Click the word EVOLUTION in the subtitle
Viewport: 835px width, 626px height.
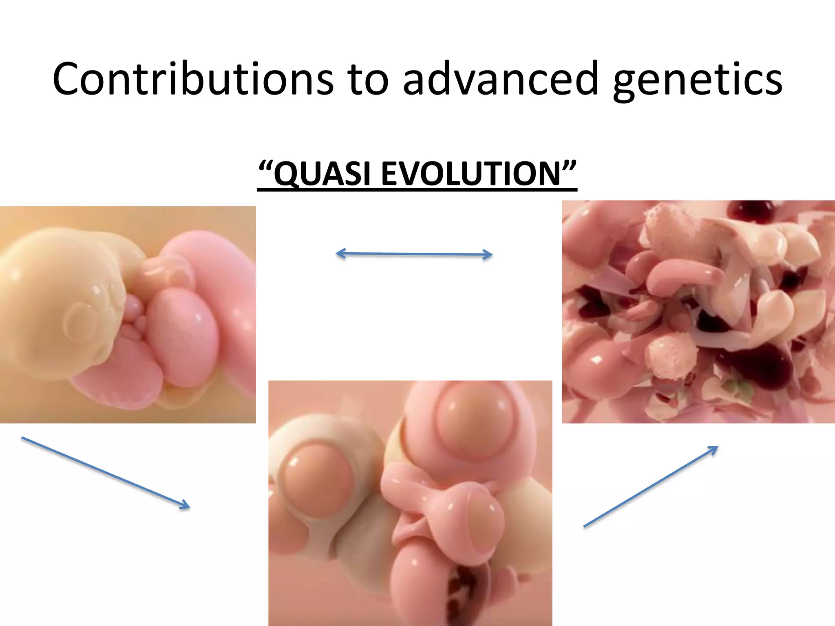pos(471,174)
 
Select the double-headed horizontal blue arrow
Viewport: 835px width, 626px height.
pos(414,254)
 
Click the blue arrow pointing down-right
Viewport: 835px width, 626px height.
pos(106,472)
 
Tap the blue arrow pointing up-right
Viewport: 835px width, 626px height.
pos(651,487)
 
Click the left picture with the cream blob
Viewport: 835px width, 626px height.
pos(128,315)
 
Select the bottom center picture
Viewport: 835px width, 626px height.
pos(410,503)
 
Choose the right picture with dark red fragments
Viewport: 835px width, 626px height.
pos(698,312)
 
